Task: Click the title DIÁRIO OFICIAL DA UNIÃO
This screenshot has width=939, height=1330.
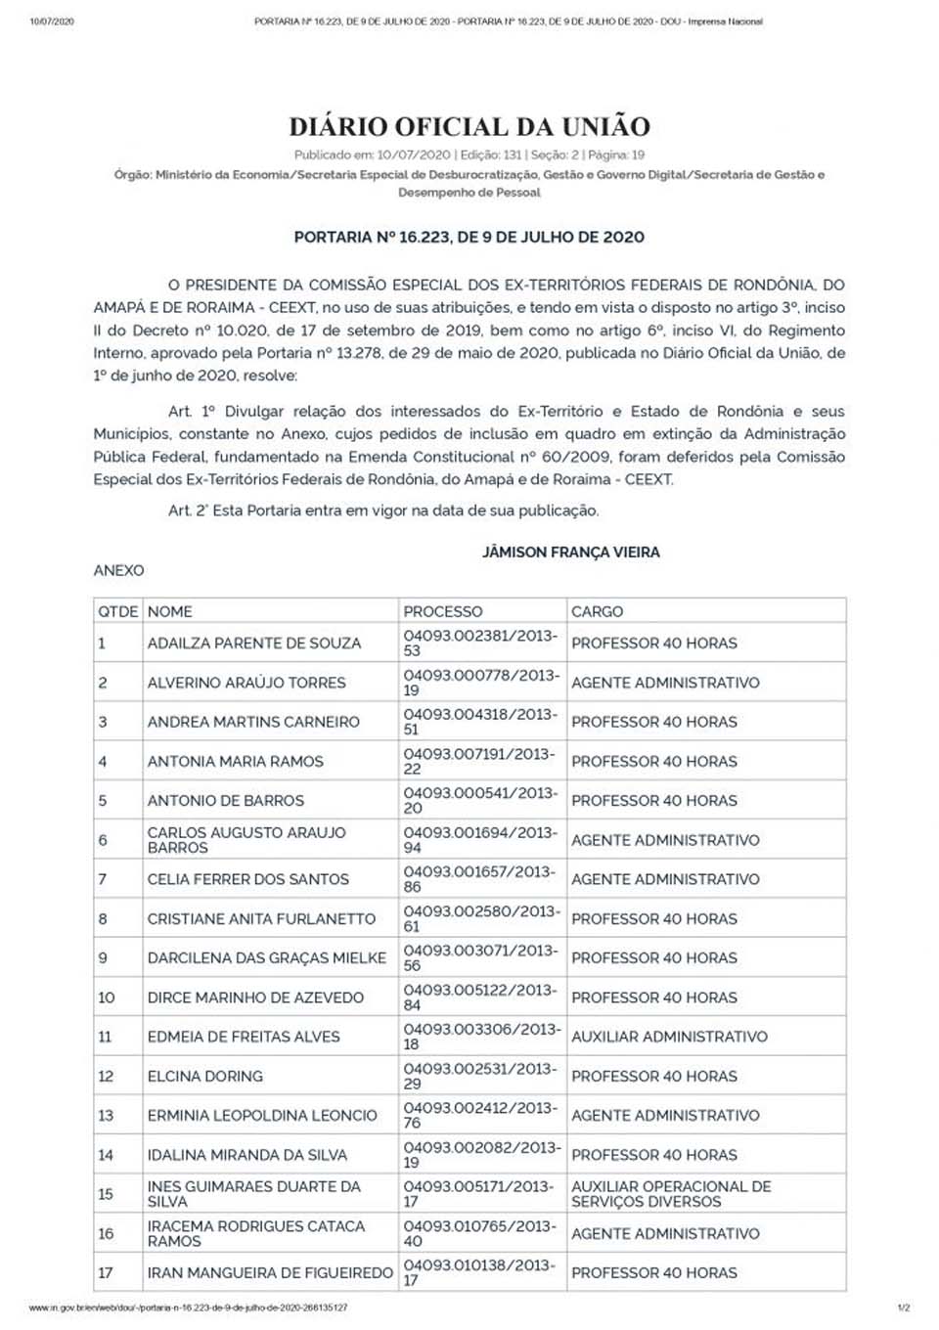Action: (469, 126)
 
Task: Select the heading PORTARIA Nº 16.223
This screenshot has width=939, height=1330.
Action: (469, 237)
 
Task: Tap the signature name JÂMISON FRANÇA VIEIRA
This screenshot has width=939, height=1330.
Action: (571, 553)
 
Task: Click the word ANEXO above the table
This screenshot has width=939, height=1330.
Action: (118, 570)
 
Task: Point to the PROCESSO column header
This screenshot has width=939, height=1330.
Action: (443, 611)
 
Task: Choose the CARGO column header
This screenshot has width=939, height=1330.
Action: (597, 611)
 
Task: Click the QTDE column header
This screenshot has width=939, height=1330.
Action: (117, 611)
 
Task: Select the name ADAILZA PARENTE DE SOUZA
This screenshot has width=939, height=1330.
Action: (254, 643)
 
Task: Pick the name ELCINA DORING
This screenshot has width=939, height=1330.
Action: (205, 1076)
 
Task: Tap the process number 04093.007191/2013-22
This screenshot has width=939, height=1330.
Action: (479, 761)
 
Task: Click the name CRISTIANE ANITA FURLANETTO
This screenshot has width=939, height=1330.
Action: (261, 918)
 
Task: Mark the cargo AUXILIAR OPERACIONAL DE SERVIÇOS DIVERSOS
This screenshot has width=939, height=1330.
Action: (671, 1193)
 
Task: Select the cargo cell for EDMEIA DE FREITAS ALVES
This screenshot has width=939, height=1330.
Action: (669, 1037)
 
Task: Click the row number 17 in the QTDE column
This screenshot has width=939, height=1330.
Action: (106, 1272)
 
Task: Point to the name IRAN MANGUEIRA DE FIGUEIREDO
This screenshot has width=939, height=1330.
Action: (270, 1272)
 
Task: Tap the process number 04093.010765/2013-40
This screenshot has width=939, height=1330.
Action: (479, 1233)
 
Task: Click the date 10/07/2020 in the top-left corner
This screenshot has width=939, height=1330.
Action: (52, 21)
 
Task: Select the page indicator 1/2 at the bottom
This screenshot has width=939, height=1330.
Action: (903, 1308)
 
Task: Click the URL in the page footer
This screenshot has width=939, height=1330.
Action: (188, 1308)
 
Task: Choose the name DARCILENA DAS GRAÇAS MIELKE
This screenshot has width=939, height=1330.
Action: (267, 957)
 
